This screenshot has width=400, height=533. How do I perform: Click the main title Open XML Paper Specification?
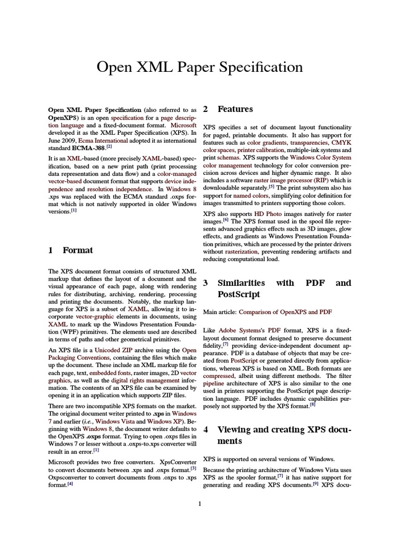click(199, 67)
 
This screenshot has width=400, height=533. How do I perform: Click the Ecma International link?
click(103, 140)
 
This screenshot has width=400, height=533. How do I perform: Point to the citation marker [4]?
click(70, 484)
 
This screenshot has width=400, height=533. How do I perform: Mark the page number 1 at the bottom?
click(199, 503)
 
